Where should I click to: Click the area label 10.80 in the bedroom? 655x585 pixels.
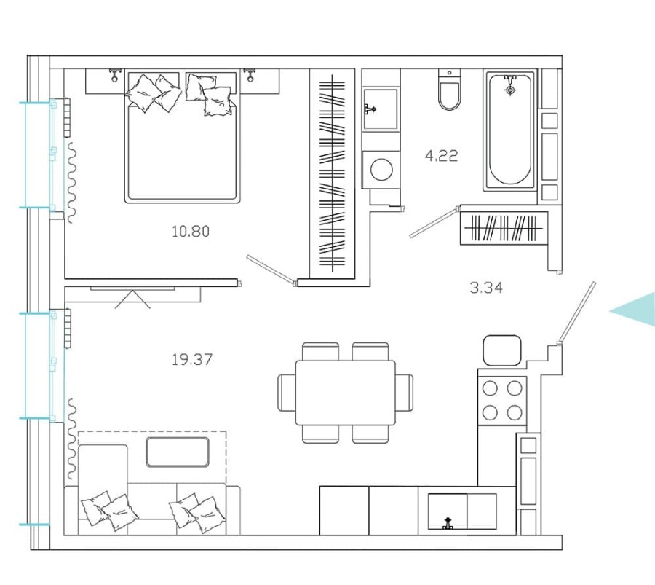point(191,232)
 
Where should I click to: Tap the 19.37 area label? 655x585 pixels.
point(192,359)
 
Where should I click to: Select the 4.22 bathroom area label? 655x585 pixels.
point(441,155)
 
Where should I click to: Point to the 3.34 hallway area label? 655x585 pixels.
point(485,287)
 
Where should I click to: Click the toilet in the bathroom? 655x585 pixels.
point(450,91)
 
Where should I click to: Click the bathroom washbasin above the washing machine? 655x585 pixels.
point(381,109)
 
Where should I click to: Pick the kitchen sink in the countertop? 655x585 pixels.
point(461,511)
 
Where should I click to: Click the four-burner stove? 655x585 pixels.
point(502,400)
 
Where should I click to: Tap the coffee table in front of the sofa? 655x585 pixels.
point(178,451)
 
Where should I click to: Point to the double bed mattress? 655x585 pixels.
point(183,153)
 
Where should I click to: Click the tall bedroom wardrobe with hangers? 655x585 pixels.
point(333,173)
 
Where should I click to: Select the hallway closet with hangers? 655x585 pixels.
point(504,229)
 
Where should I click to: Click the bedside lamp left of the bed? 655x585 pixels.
point(114,75)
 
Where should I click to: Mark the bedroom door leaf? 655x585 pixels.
point(271,268)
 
